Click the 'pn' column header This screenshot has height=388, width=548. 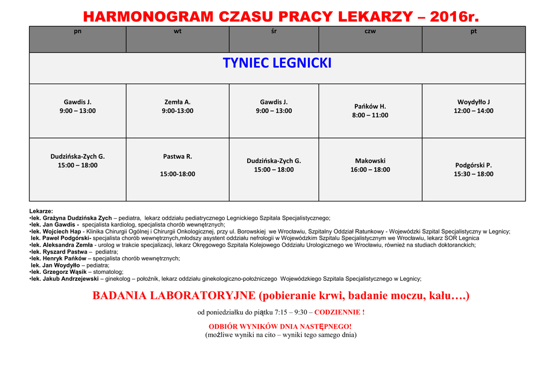tap(78, 32)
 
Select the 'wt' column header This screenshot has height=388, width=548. tap(178, 32)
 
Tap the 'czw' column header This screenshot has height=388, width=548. tap(370, 32)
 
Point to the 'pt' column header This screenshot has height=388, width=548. tap(474, 32)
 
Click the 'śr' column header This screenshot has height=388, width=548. tap(274, 32)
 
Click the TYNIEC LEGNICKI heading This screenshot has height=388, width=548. tap(277, 63)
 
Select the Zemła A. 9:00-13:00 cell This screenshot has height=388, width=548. tap(178, 106)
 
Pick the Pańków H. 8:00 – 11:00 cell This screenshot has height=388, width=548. tap(370, 110)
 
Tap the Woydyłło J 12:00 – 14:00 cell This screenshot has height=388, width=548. tap(474, 106)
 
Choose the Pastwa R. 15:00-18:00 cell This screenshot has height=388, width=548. tap(178, 165)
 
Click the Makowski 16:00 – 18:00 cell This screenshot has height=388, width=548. tap(370, 165)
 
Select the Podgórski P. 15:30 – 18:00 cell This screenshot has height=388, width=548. tap(474, 169)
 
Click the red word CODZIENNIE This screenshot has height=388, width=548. tap(339, 312)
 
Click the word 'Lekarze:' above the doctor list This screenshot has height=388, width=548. tap(41, 211)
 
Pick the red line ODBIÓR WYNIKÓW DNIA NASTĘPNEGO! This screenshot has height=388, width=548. tap(280, 326)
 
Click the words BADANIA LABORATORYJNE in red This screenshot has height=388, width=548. tap(174, 295)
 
